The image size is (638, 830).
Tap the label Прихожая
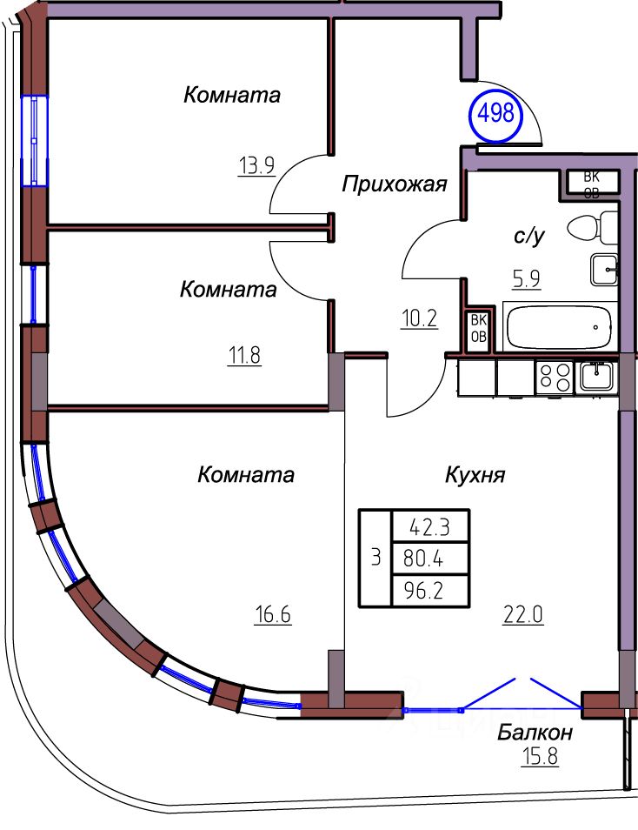pos(394,184)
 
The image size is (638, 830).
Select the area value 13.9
pos(256,164)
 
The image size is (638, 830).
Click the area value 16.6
pos(273,616)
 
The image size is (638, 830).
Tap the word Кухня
pos(475,475)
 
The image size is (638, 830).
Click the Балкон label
pos(535,733)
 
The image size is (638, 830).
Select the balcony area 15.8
pos(539,754)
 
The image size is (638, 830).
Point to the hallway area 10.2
pos(420,318)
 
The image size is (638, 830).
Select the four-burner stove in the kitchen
pos(555,378)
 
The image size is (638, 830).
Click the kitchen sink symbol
pos(597,376)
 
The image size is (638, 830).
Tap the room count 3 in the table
pos(375,559)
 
